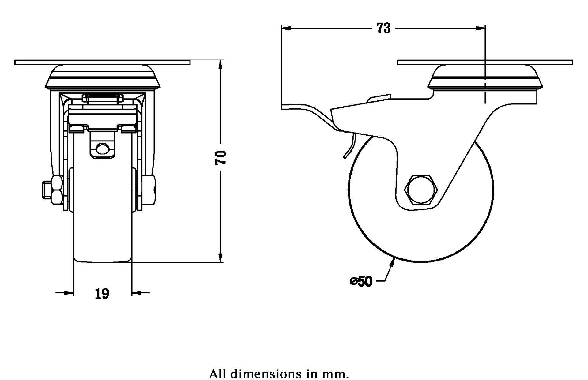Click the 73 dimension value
pos(383,28)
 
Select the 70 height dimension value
pos(221,158)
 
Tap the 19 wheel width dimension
pos(102,294)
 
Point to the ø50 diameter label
pos(361,281)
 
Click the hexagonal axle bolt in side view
pos(421,189)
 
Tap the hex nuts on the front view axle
pos(57,190)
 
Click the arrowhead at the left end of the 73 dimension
pos(286,28)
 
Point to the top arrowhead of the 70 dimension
pos(220,65)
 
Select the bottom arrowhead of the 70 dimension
pos(220,258)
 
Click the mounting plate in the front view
pos(103,62)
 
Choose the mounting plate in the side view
pos(485,62)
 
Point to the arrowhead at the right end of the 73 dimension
pos(481,28)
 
